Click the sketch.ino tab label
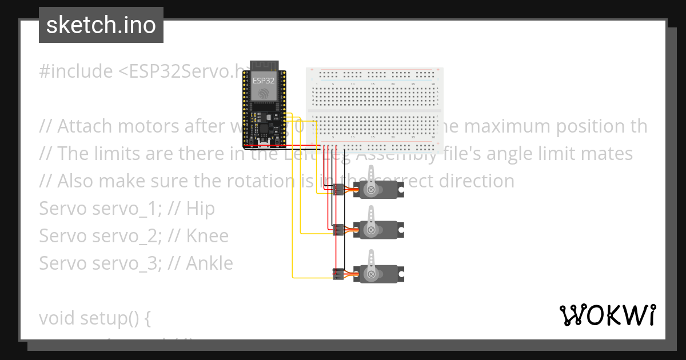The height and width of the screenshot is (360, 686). click(x=101, y=25)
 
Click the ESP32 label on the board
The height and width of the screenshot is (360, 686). click(x=264, y=81)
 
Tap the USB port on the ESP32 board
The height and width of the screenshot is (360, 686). click(x=264, y=142)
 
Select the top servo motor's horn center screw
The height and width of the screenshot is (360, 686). click(x=372, y=189)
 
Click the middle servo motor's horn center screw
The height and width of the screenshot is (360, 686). click(x=372, y=230)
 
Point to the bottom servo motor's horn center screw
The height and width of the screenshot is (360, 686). click(x=372, y=274)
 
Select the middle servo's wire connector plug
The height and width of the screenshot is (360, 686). click(x=338, y=230)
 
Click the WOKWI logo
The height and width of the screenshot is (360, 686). click(x=607, y=315)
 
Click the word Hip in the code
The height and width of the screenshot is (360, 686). click(x=200, y=209)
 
